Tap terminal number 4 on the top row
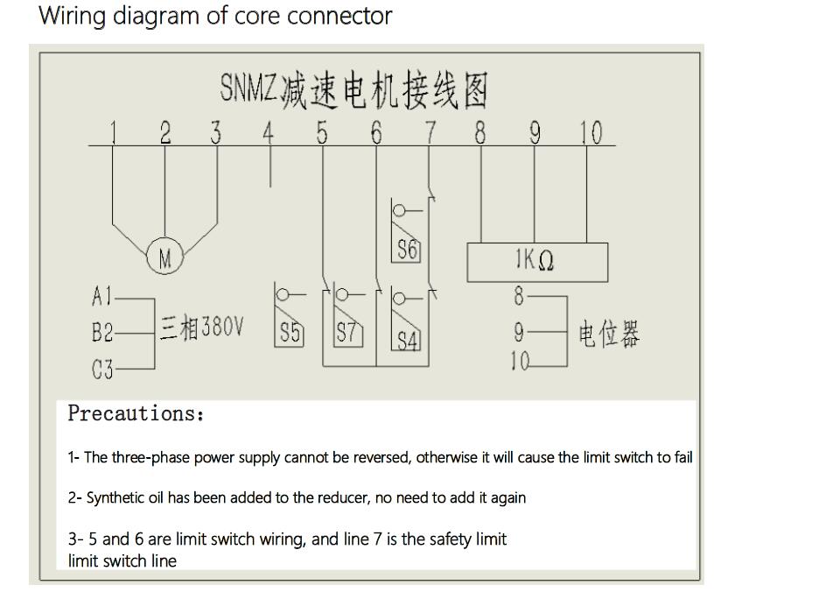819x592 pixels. point(269,133)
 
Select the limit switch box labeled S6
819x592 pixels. point(407,250)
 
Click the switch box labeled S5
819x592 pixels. point(290,333)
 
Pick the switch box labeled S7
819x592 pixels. point(348,333)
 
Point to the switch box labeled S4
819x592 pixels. point(407,339)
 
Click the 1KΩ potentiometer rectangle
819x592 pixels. point(536,261)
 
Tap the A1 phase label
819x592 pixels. point(102,298)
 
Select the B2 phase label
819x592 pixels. point(102,334)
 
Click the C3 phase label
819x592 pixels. point(102,370)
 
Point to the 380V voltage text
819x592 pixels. point(223,328)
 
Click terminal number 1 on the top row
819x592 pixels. point(114,133)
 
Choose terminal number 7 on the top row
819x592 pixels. point(430,133)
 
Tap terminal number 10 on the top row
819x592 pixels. point(591,133)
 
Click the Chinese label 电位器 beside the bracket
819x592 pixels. point(609,334)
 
